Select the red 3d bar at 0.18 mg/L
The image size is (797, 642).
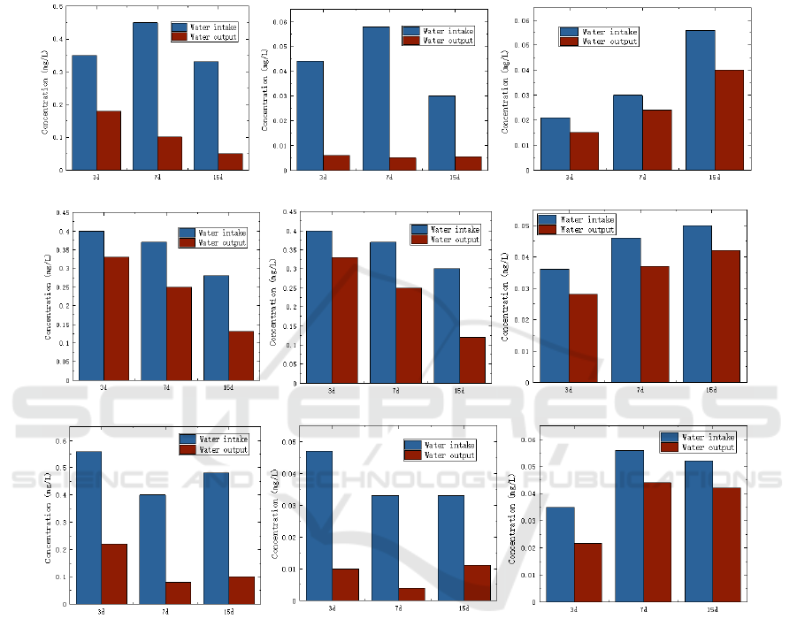109,140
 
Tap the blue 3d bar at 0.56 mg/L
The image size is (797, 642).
88,527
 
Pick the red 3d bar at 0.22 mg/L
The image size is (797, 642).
114,573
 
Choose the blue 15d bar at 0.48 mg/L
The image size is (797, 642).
217,538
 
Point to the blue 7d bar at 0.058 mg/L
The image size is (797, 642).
376,98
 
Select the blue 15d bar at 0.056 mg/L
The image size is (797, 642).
700,100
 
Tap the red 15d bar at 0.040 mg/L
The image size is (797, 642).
729,119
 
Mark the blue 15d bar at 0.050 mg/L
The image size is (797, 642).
698,303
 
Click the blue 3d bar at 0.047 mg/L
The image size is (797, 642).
319,527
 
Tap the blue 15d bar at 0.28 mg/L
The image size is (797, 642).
216,327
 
